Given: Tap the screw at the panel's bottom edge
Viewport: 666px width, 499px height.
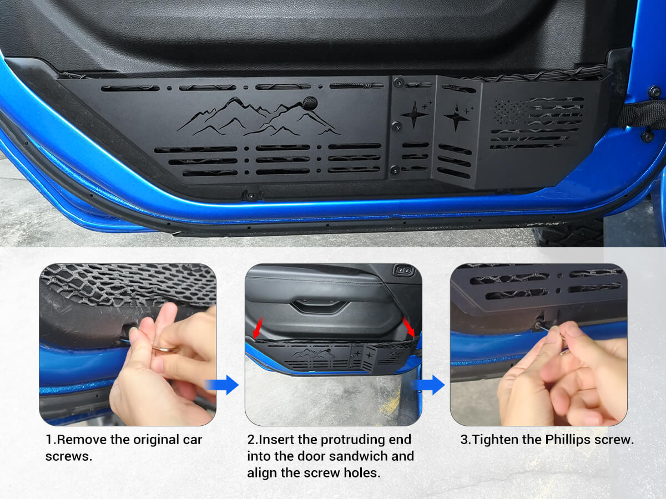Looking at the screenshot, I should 251,195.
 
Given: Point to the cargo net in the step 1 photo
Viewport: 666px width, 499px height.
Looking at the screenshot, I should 128,283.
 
